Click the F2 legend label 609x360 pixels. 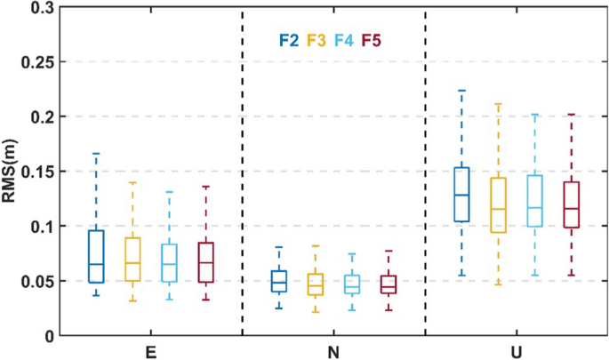pos(287,40)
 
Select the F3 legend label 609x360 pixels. pos(316,40)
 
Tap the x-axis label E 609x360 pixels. pos(151,351)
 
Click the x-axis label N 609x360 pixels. pos(333,351)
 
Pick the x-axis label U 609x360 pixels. pos(517,351)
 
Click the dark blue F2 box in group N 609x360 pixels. pos(279,281)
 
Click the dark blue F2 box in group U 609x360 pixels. pos(461,195)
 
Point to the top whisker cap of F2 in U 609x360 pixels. pos(461,91)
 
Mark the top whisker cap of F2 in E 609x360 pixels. pos(96,154)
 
